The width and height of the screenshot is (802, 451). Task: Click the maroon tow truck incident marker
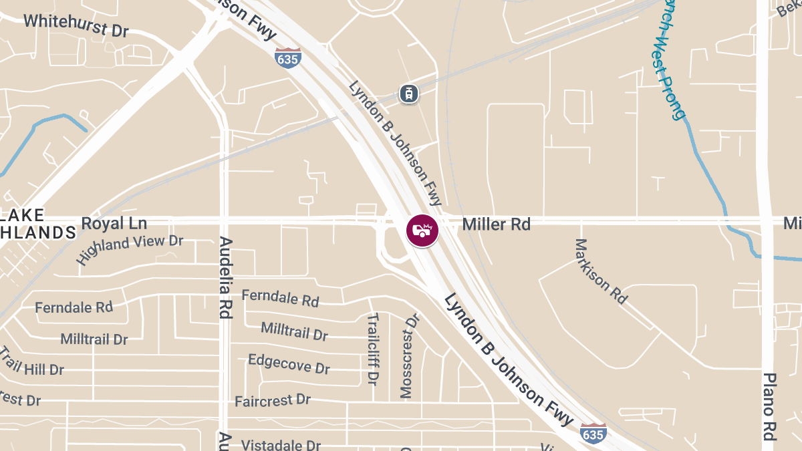point(422,231)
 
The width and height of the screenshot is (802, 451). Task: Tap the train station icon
point(408,94)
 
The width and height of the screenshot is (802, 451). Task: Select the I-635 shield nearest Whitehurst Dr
point(287,58)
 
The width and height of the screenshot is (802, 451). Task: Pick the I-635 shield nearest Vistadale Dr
point(593,433)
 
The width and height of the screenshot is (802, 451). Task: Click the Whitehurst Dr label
point(76,25)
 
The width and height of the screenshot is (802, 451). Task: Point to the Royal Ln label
point(114,223)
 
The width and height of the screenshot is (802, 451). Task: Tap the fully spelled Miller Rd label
point(497,224)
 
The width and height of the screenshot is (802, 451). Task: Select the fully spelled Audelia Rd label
point(225,277)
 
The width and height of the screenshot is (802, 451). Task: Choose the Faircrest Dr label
point(273,401)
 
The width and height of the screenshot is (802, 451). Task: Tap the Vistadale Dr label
point(281,444)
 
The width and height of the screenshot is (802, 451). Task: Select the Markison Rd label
point(601,271)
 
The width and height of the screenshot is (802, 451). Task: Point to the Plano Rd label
point(769,406)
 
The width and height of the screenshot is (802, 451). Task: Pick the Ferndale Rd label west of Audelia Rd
point(74,307)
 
